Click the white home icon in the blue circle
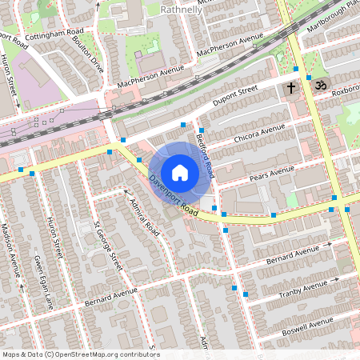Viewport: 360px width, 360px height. (180, 172)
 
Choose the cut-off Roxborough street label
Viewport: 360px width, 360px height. (345, 92)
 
